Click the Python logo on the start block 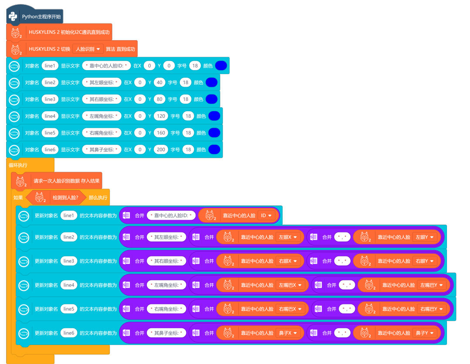click(x=14, y=17)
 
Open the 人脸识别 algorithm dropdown click(x=88, y=49)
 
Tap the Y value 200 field click(x=161, y=150)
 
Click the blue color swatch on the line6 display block click(x=214, y=150)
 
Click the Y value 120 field click(x=161, y=116)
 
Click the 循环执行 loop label click(x=18, y=165)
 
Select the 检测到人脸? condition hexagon click(x=56, y=197)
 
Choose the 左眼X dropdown click(x=288, y=237)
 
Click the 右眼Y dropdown click(x=426, y=261)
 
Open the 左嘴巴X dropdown click(x=291, y=285)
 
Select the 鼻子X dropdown click(x=288, y=333)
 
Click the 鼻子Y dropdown click(x=426, y=333)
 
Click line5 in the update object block click(x=69, y=309)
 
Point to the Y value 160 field click(x=161, y=133)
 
